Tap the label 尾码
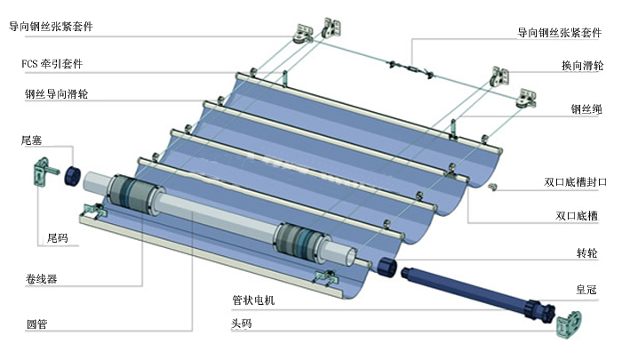(x=58, y=239)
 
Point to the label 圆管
(x=36, y=324)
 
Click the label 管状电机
(x=253, y=300)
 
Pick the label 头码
(x=242, y=324)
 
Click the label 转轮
(x=586, y=253)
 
